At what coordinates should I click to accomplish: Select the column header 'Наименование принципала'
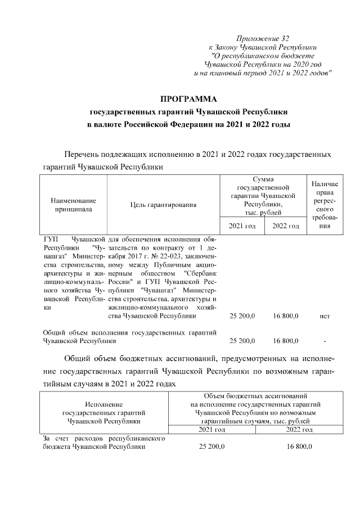pos(73,205)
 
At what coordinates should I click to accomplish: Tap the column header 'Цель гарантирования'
pos(163,205)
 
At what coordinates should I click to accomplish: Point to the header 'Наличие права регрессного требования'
pos(325,205)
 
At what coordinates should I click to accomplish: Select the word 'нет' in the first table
pos(325,317)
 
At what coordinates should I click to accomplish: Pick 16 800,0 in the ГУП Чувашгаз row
pos(286,317)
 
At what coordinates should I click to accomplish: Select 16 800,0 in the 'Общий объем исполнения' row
pos(286,341)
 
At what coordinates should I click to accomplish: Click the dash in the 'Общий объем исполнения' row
pos(325,341)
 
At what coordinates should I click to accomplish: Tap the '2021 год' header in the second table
pos(212,430)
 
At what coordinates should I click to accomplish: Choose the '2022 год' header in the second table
pos(299,430)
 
